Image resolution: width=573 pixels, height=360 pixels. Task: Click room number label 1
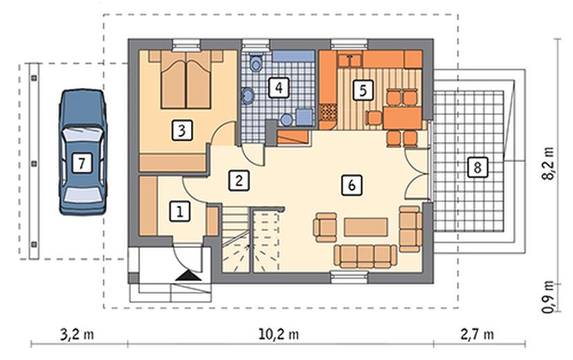(x=180, y=211)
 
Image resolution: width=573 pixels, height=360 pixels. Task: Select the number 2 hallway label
(x=239, y=180)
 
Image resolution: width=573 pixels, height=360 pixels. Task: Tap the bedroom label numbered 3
(x=182, y=129)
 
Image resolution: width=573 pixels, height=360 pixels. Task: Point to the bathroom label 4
(x=279, y=87)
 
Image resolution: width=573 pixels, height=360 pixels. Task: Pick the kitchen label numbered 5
(x=363, y=89)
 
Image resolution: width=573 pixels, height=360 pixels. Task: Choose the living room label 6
(x=352, y=185)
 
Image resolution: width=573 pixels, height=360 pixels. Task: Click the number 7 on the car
(x=82, y=162)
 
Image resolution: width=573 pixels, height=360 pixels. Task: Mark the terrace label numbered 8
(x=477, y=168)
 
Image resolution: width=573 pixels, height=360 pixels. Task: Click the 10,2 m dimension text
(x=279, y=334)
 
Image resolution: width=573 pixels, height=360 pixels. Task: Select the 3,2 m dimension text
(x=77, y=334)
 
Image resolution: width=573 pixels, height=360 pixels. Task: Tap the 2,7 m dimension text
(x=477, y=334)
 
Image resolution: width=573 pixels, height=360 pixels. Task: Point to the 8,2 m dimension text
(x=548, y=163)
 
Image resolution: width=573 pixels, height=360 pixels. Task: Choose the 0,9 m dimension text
(x=548, y=297)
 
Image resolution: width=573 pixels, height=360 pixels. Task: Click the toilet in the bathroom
(x=256, y=62)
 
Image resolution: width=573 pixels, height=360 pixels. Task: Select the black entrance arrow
(x=188, y=276)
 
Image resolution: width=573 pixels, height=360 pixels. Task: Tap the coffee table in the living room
(x=366, y=227)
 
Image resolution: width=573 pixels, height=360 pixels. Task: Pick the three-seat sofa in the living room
(x=365, y=256)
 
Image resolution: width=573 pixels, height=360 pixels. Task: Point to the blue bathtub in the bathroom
(x=293, y=56)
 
